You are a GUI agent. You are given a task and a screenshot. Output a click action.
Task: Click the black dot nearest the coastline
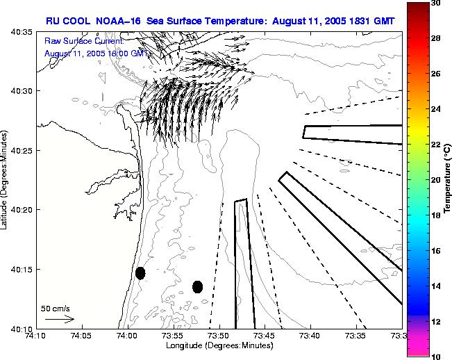point(140,273)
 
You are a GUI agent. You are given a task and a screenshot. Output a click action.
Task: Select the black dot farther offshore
point(197,286)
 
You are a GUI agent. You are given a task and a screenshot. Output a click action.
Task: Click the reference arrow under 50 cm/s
point(59,319)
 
